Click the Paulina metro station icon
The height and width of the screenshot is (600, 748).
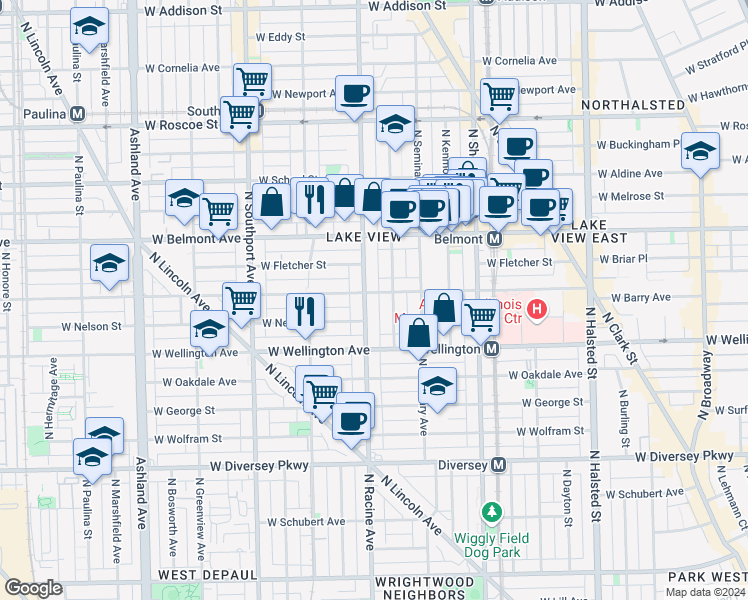coord(77,114)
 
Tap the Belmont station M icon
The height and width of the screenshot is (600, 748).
coord(494,240)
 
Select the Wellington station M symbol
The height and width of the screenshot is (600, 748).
coord(491,350)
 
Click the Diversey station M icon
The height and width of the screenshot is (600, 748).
coord(498,465)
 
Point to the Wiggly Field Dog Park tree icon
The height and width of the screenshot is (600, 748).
coord(491,513)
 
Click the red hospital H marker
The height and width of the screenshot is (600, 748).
coord(537,310)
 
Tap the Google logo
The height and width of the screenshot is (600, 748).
coord(33,588)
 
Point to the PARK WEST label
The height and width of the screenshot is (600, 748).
coord(706,577)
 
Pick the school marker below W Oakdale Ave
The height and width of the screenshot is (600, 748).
coord(437,385)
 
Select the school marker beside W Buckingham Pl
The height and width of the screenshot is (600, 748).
coord(699,150)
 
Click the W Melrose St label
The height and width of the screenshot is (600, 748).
coord(631,198)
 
